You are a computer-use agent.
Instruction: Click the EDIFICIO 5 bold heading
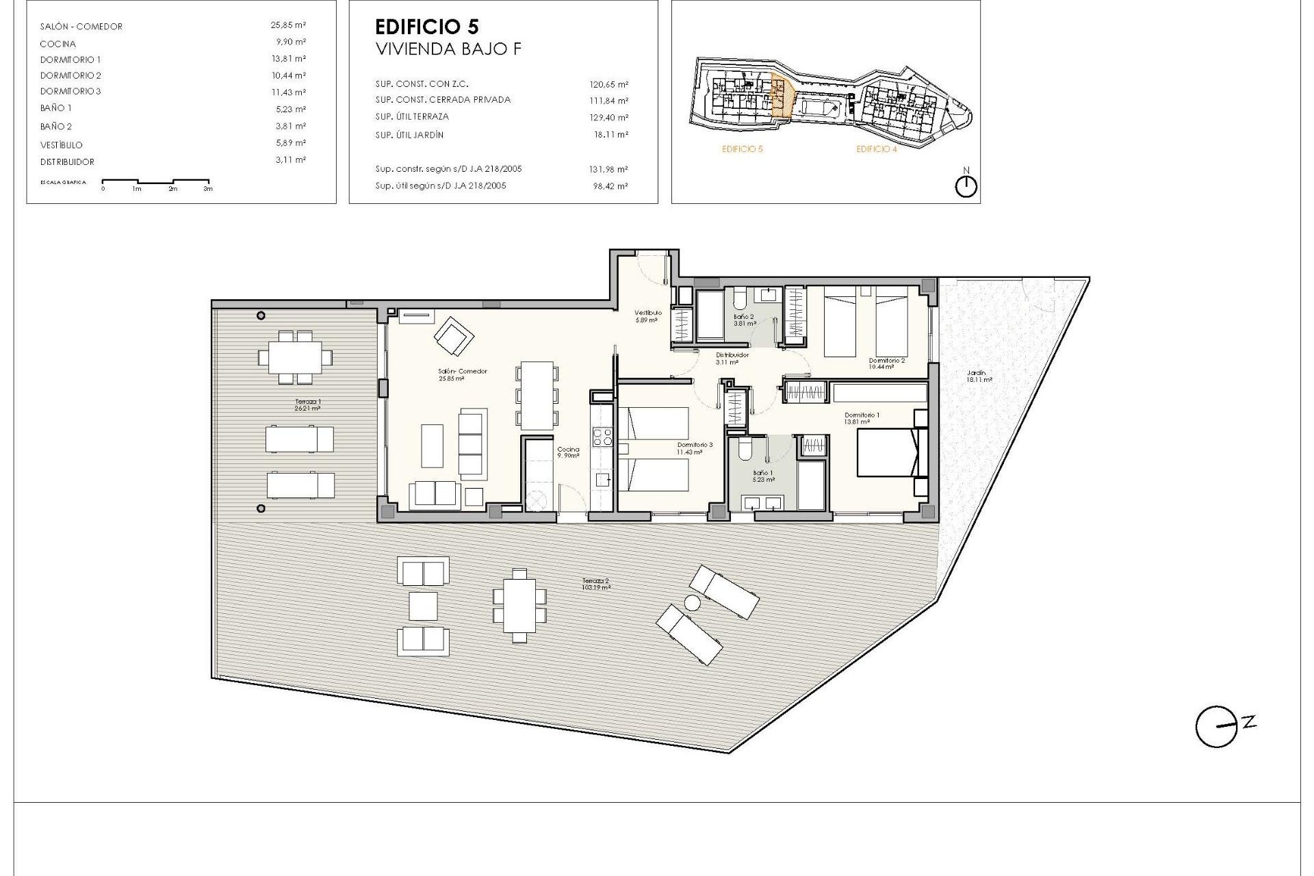click(426, 27)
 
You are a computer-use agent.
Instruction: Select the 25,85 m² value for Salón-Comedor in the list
click(288, 25)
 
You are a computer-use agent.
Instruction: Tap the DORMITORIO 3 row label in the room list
click(70, 91)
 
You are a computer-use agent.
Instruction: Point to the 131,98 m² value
click(609, 169)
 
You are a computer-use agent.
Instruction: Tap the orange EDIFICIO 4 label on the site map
click(876, 149)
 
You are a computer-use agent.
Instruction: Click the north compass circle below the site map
click(966, 186)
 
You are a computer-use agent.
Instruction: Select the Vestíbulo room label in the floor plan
click(647, 313)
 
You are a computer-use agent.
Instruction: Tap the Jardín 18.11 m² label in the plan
click(978, 374)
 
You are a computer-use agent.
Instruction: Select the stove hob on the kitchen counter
click(602, 436)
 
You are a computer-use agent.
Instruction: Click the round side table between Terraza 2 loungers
click(693, 602)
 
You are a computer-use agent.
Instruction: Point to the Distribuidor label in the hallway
click(732, 355)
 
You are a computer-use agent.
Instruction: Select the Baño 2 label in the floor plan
click(744, 317)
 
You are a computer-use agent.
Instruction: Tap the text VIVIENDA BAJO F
click(448, 49)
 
